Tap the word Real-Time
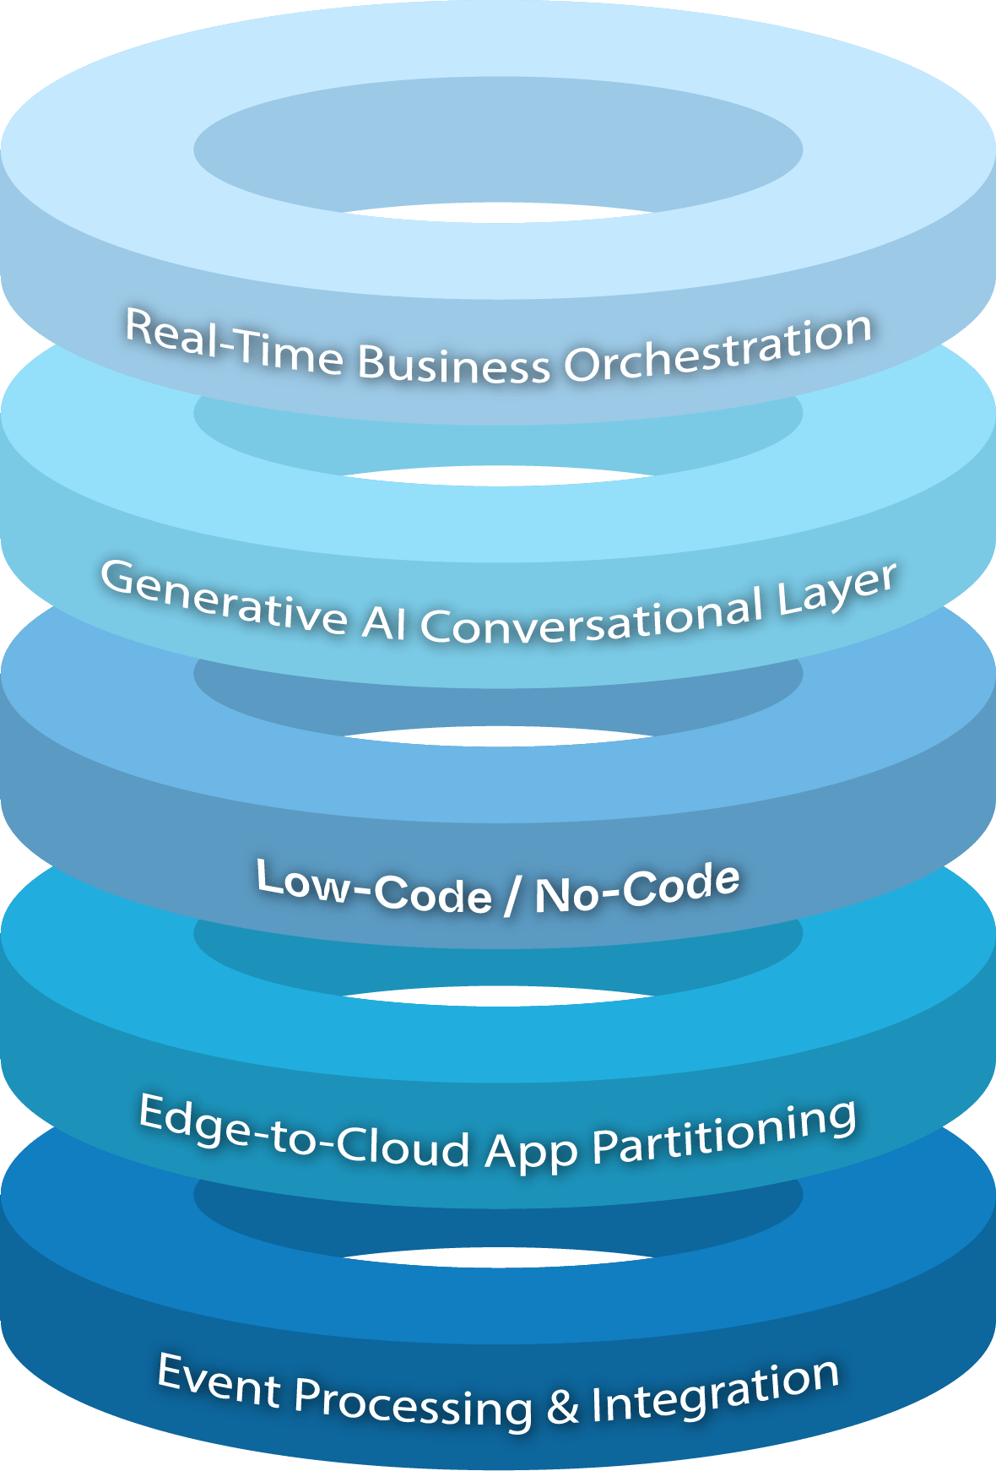[x=234, y=341]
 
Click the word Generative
[x=224, y=596]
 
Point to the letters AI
[x=384, y=624]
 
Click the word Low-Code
[x=374, y=887]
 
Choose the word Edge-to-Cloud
[x=304, y=1132]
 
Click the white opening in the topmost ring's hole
[x=498, y=212]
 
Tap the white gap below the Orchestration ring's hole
[x=498, y=475]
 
